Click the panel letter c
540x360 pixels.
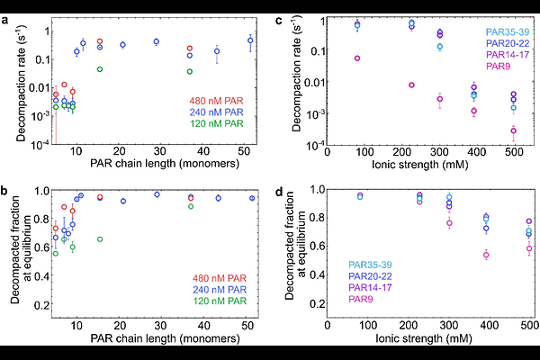click(x=281, y=7)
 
